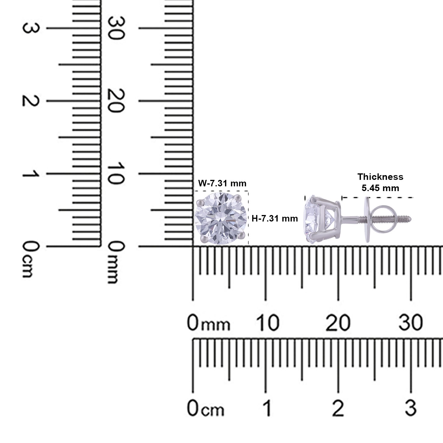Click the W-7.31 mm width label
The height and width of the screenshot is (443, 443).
coord(222,183)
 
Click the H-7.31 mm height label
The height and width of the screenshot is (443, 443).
coord(275,219)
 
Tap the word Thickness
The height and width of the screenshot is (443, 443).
coord(380,177)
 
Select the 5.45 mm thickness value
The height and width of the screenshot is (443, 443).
coord(380,188)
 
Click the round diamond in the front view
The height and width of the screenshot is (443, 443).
coord(221,218)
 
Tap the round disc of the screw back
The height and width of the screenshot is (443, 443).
coord(367,219)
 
